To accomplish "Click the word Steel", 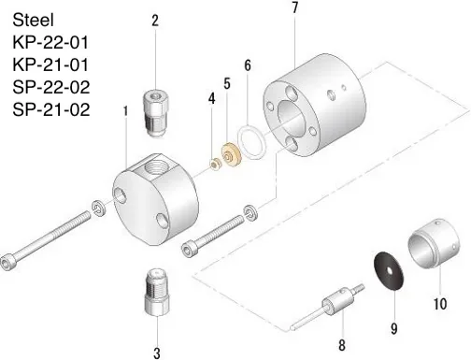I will pyautogui.click(x=34, y=19).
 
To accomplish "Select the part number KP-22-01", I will pyautogui.click(x=55, y=42).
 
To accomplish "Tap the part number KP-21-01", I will pyautogui.click(x=55, y=65).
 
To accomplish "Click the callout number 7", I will pyautogui.click(x=294, y=8).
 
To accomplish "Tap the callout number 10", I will pyautogui.click(x=440, y=303).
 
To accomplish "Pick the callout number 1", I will pyautogui.click(x=124, y=110).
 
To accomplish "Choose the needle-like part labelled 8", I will pyautogui.click(x=335, y=305).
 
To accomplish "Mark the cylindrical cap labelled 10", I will pyautogui.click(x=432, y=245).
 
